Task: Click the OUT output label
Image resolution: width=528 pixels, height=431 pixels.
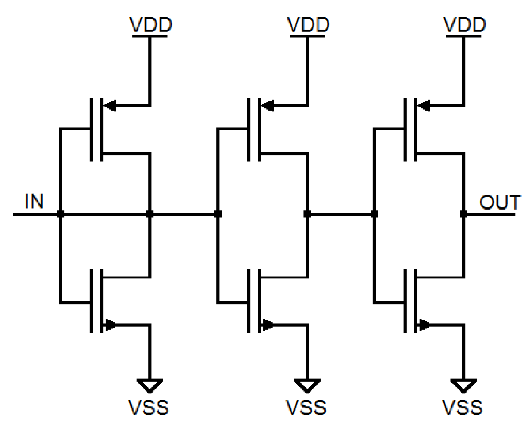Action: point(500,202)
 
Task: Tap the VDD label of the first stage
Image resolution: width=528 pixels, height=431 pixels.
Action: point(150,25)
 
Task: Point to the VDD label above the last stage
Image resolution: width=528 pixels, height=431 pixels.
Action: point(463,25)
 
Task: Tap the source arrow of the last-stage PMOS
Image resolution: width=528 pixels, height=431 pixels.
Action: point(423,106)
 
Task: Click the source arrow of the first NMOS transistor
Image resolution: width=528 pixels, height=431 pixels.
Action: point(110,325)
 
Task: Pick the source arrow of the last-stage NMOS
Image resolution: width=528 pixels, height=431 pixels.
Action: point(424,325)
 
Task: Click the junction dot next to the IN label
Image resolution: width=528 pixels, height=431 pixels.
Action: point(60,214)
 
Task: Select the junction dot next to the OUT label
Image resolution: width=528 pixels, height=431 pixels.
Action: point(463,214)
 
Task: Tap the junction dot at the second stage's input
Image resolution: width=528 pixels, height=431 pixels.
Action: point(218,214)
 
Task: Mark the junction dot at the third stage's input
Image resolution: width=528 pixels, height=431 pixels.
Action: point(374,214)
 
